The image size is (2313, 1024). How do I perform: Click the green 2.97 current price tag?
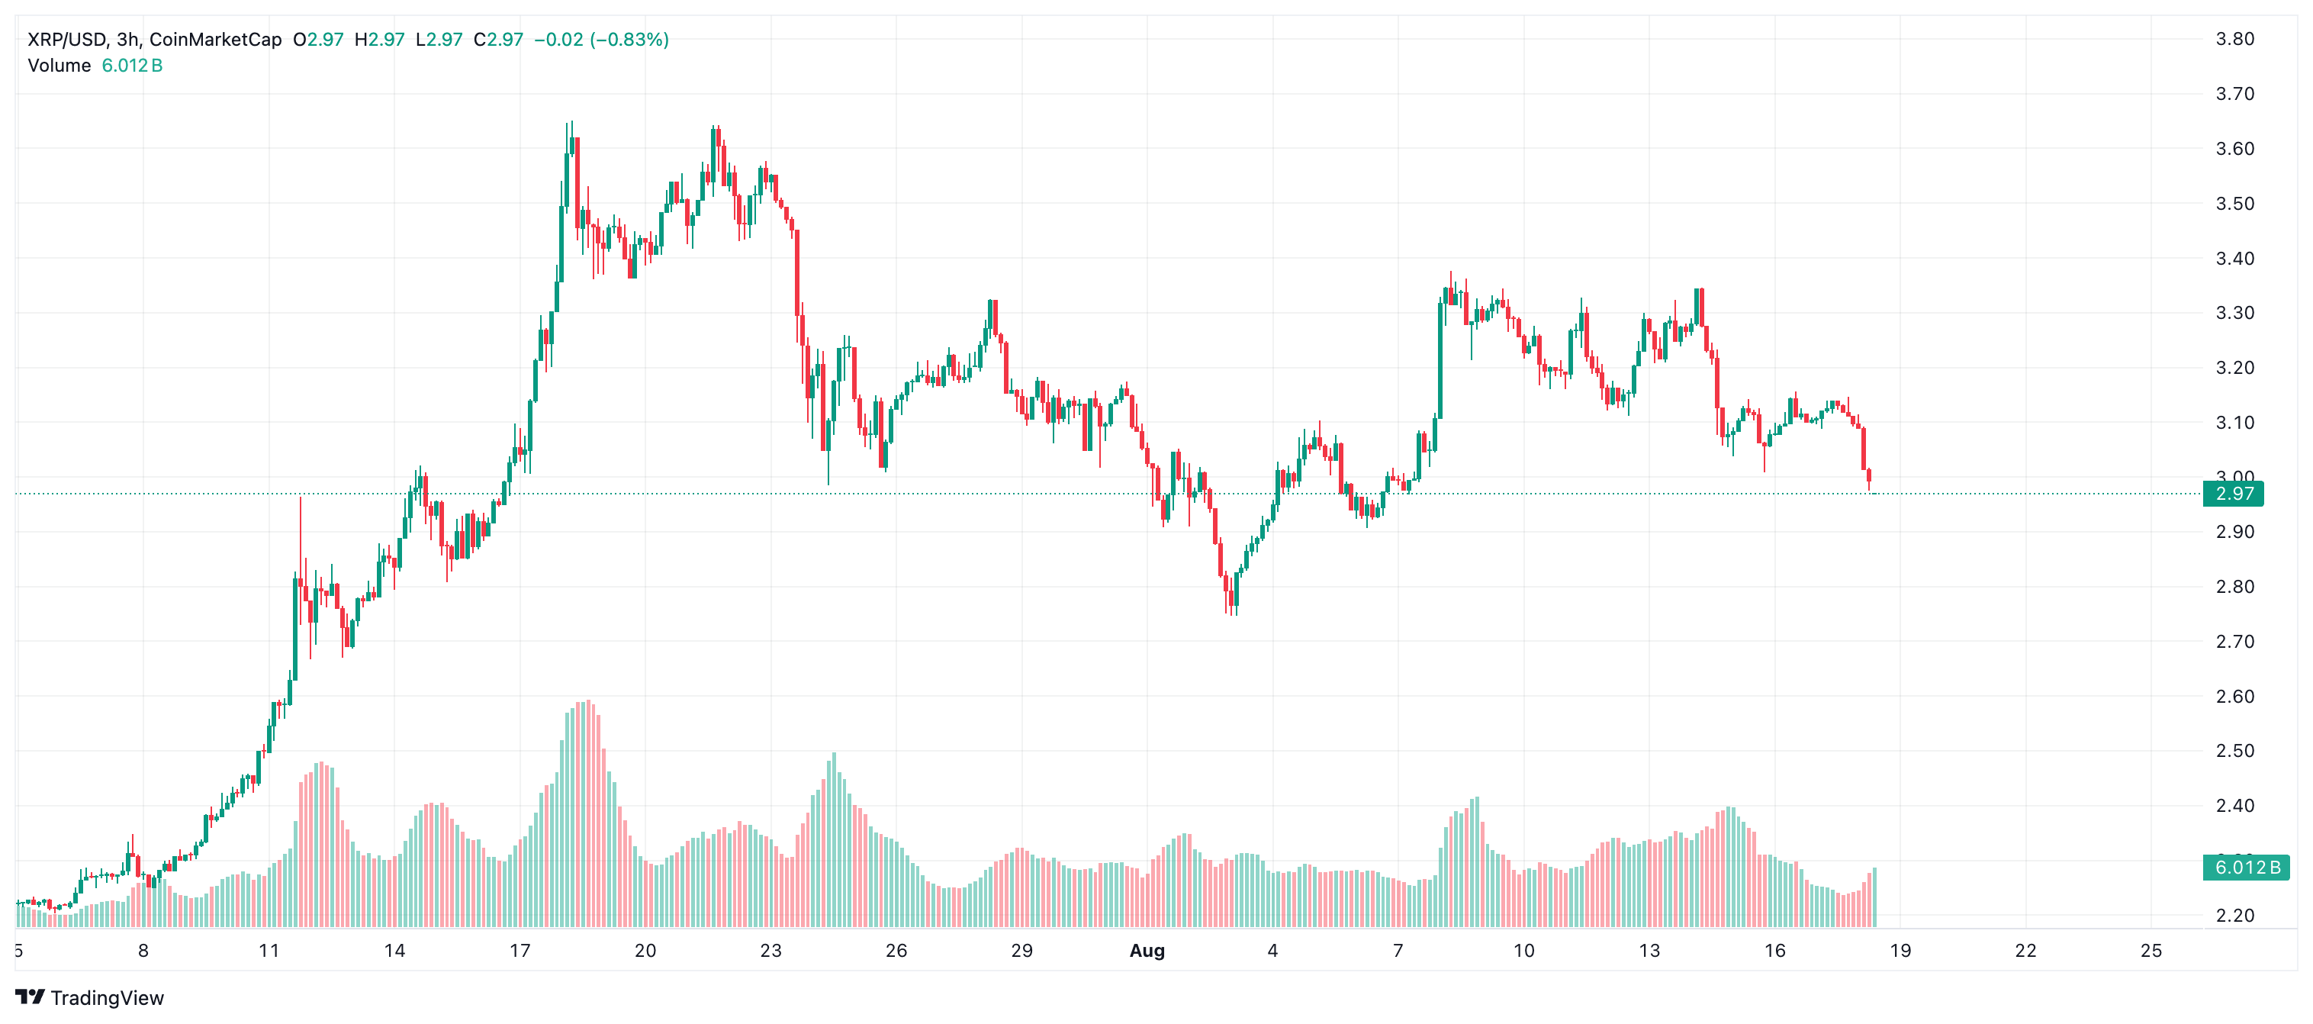coord(2233,494)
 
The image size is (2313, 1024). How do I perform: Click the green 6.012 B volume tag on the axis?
coord(2246,868)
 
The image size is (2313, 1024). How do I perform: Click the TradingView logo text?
coord(107,998)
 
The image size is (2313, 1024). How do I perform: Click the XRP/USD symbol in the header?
coord(67,40)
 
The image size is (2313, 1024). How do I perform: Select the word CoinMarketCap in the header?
coord(215,40)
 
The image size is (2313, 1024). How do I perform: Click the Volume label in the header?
coord(60,66)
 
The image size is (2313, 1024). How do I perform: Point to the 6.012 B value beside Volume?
coord(132,66)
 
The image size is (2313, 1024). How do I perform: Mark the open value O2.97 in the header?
coord(319,40)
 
